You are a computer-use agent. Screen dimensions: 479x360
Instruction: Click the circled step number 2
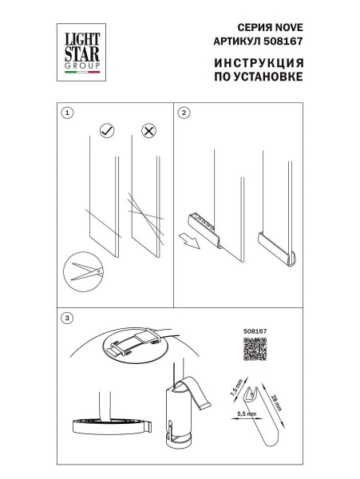(184, 113)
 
